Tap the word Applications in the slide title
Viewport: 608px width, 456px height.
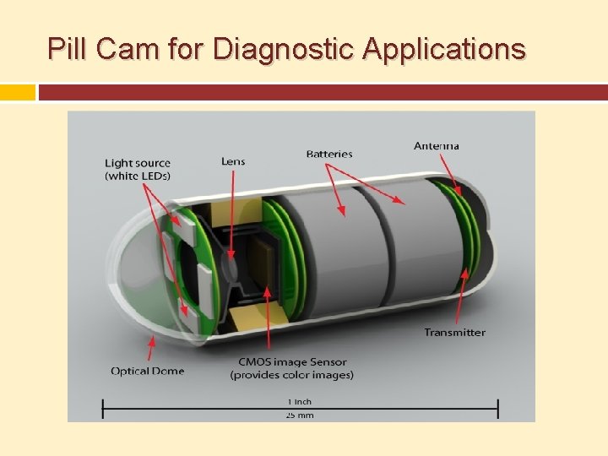(444, 50)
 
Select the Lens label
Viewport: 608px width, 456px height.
(233, 161)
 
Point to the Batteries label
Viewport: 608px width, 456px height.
(329, 154)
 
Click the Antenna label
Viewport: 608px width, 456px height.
(437, 146)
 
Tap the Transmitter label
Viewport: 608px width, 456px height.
(454, 333)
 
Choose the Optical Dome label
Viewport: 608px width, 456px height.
(147, 371)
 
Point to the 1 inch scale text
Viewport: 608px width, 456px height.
(300, 401)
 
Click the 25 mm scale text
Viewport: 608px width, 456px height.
(300, 415)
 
